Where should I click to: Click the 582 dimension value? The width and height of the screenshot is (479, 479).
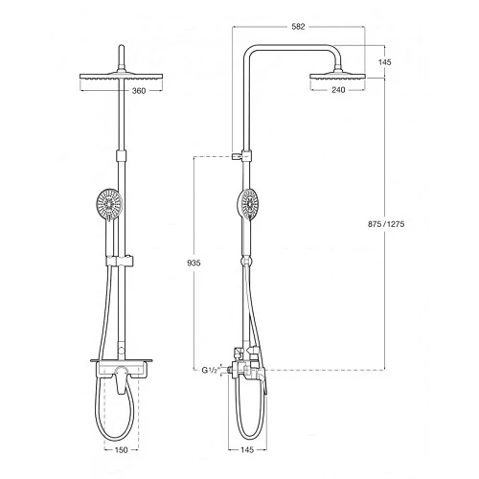click(x=298, y=27)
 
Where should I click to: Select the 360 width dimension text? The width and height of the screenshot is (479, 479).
click(x=139, y=91)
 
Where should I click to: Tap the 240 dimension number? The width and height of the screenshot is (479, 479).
click(x=338, y=90)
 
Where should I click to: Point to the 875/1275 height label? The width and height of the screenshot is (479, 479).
click(x=386, y=224)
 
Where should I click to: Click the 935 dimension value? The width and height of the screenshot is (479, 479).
click(x=194, y=262)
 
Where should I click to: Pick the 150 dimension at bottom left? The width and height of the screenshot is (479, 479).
click(x=121, y=450)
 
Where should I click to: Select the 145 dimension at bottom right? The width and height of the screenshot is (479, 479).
click(x=247, y=449)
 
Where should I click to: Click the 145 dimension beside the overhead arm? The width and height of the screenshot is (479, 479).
click(x=385, y=62)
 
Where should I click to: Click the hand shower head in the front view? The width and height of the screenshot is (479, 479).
click(x=109, y=203)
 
